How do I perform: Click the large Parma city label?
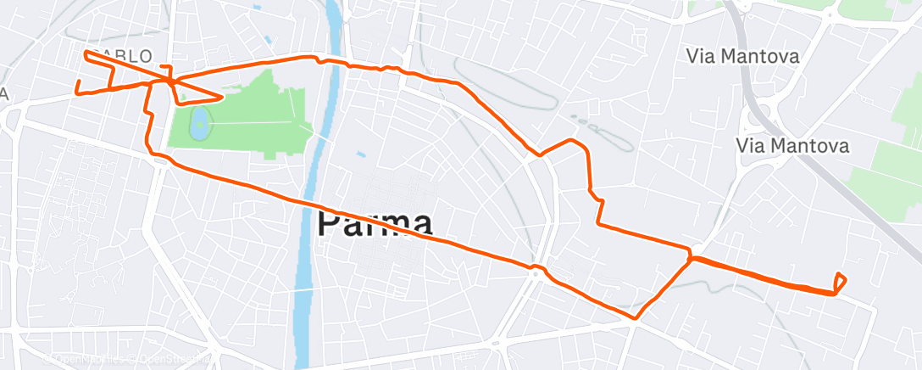[375, 224]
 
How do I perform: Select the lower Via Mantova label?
[793, 146]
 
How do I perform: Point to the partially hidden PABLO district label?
[124, 56]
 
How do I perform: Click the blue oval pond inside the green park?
[201, 124]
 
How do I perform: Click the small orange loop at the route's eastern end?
[840, 283]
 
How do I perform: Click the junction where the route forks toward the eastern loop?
[691, 255]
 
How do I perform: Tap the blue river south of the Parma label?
[304, 297]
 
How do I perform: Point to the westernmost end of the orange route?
[77, 90]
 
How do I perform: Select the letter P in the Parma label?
[331, 224]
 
